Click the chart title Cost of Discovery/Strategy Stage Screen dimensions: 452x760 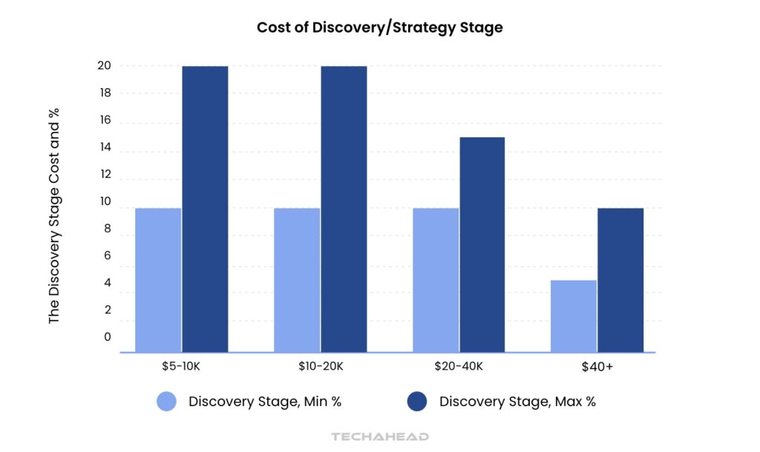point(379,27)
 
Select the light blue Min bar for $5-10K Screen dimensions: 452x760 point(158,280)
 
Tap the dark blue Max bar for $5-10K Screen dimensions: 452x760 point(205,209)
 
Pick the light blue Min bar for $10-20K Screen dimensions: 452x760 point(297,280)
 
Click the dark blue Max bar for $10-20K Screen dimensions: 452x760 point(344,209)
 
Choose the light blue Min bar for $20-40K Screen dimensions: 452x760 point(436,280)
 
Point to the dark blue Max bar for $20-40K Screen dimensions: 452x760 point(482,244)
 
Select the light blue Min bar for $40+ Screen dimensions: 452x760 point(574,315)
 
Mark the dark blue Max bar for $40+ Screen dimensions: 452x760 point(620,280)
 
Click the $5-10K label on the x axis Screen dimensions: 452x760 point(181,366)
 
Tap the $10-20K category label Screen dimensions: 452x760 point(320,366)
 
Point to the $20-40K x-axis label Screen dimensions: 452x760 point(459,366)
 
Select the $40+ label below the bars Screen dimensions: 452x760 point(597,366)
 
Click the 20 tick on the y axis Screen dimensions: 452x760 point(103,66)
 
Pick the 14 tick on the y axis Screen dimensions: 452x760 point(103,148)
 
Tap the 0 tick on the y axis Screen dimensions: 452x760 point(107,337)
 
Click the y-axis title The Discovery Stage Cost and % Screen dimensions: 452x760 point(54,215)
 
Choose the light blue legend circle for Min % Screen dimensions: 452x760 point(167,402)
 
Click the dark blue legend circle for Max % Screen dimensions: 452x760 point(417,402)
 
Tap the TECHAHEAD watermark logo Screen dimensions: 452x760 point(379,436)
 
